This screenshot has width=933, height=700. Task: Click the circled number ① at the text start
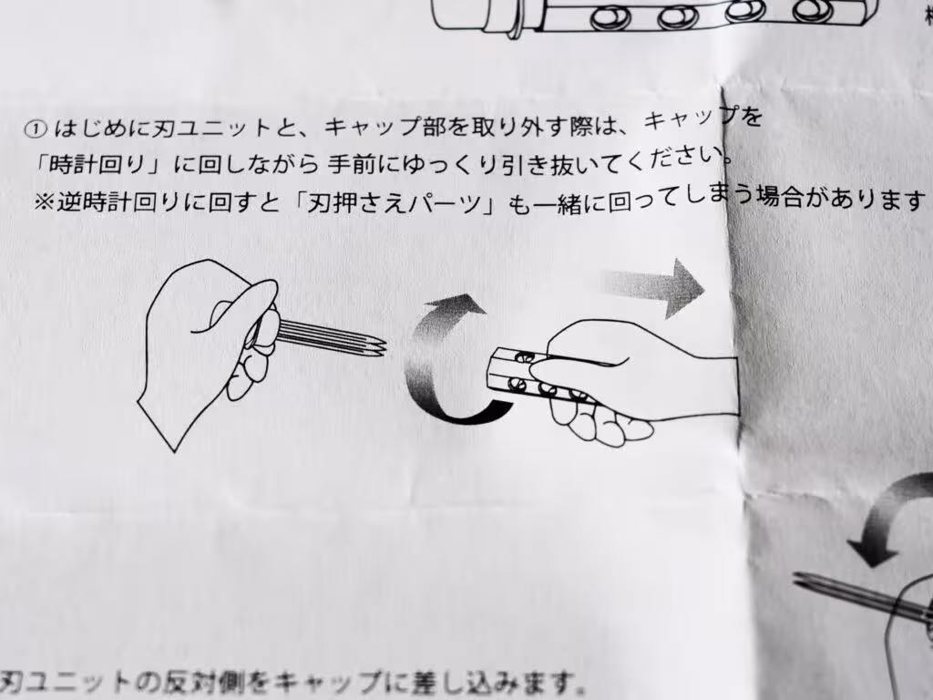coord(36,129)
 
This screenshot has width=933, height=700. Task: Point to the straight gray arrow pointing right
coord(654,286)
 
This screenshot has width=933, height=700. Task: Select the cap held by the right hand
coord(538,378)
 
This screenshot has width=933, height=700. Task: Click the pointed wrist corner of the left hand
coord(174,450)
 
